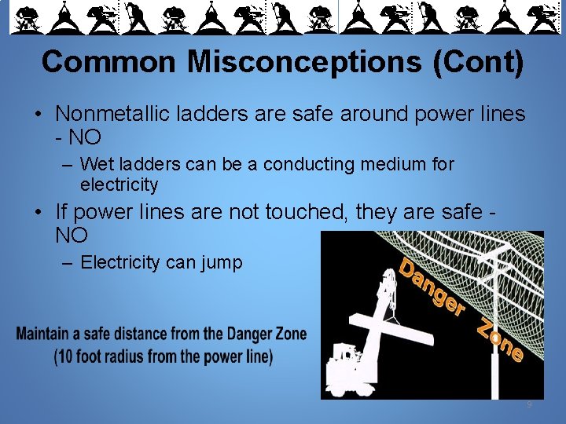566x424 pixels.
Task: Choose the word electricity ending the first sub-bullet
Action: click(119, 185)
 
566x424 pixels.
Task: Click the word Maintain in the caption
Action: click(45, 334)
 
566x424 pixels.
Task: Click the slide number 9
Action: click(529, 405)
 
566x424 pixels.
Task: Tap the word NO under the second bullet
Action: click(72, 234)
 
